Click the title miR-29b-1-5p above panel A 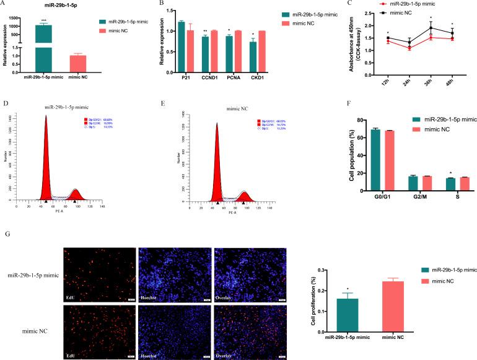[x=60, y=5]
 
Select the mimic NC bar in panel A [x=78, y=63]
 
